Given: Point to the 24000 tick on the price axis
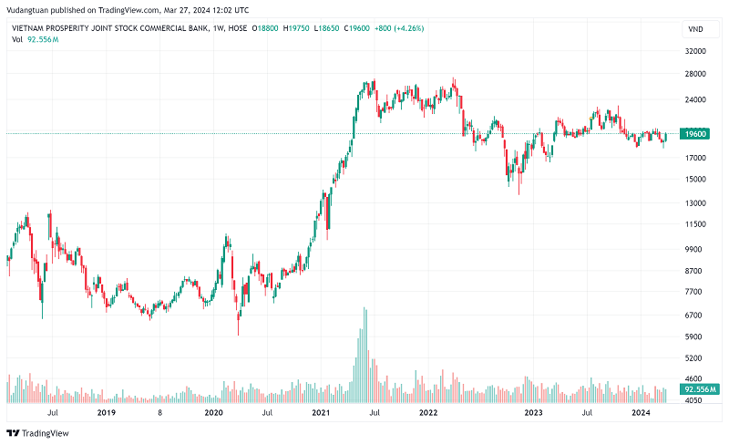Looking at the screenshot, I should click(x=696, y=99).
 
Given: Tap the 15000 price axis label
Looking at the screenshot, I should click(x=696, y=179).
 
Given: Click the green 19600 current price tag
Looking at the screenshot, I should click(x=696, y=134).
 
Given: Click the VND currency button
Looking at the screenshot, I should click(x=696, y=28).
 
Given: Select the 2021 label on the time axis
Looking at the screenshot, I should click(x=320, y=413).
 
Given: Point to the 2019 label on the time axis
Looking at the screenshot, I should click(x=106, y=413).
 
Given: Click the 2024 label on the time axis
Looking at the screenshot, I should click(x=641, y=413).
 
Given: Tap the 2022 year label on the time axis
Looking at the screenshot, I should click(x=427, y=413).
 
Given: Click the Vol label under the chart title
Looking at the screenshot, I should click(x=16, y=40).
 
